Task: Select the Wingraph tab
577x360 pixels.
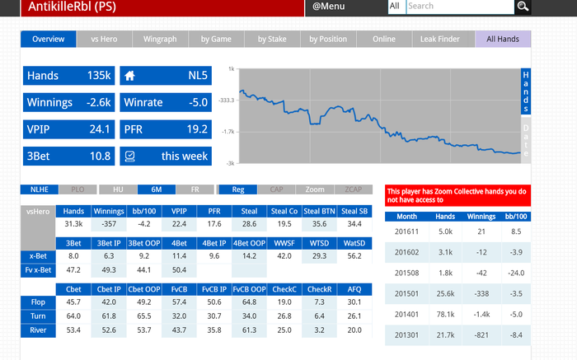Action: pos(161,39)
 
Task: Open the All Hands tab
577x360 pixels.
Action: pos(503,39)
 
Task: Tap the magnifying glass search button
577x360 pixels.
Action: pos(523,7)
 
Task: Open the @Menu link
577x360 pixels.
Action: pos(328,7)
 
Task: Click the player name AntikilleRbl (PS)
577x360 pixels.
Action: pos(73,7)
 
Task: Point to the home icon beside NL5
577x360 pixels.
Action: pos(129,76)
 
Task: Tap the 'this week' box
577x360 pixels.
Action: pos(165,156)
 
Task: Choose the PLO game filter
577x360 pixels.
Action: pos(77,189)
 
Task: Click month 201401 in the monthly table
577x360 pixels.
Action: pos(407,314)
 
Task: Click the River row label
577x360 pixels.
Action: pos(37,330)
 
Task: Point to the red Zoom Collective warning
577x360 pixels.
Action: pos(457,194)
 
